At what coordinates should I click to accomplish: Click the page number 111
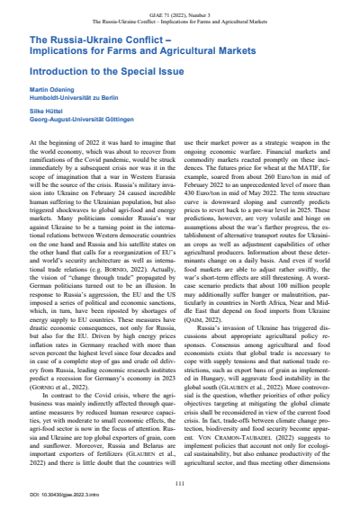180,460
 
